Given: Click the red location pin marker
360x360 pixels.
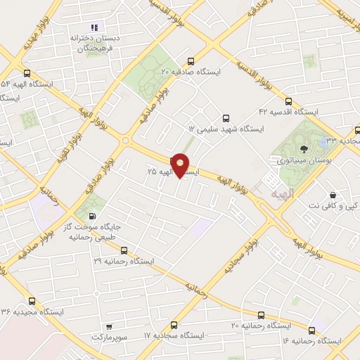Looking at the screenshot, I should point(181,165).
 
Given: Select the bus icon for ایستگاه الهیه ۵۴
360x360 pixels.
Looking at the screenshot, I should point(27,72).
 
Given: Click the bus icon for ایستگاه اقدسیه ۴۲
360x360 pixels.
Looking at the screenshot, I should point(288,101).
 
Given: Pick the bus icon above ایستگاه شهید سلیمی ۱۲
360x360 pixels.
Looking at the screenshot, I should point(226,118).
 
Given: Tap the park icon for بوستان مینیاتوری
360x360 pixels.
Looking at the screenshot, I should point(303,148).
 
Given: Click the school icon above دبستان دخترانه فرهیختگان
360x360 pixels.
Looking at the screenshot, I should point(94,27).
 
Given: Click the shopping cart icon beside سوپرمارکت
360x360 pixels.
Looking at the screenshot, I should point(108,326).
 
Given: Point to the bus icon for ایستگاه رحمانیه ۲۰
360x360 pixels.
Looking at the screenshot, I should point(262,315).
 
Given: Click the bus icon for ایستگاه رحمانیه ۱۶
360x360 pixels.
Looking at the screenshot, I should point(311,328).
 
